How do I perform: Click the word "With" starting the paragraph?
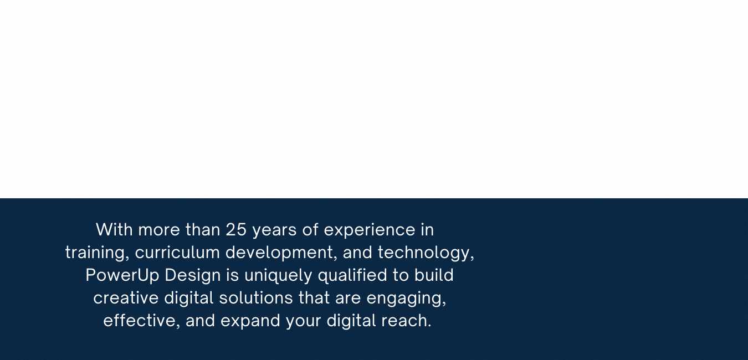tap(114, 229)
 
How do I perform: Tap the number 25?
tap(236, 229)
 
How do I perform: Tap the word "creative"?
tap(126, 298)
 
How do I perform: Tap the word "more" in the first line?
tap(159, 229)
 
